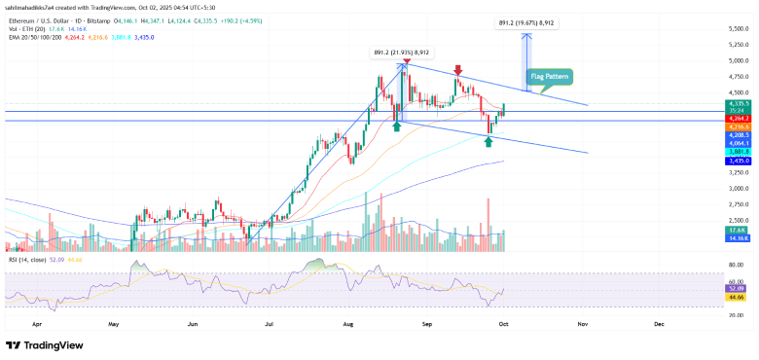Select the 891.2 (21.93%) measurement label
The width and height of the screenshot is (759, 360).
tap(402, 53)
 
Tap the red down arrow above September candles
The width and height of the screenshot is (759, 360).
tap(456, 70)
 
